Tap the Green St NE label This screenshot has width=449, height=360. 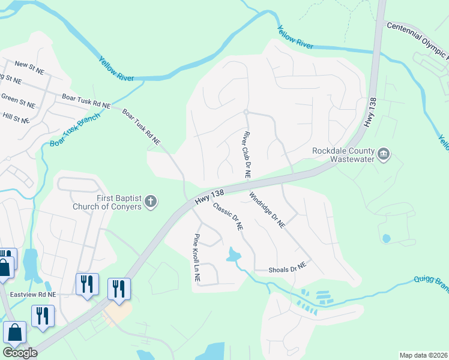[x=17, y=99]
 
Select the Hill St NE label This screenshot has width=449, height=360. [x=16, y=118]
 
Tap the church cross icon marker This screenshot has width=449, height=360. [x=151, y=202]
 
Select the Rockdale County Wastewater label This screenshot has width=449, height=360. [x=343, y=155]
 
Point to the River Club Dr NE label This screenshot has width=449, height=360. [x=247, y=154]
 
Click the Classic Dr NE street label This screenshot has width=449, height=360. [x=228, y=217]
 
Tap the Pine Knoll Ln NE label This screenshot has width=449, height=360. [x=196, y=258]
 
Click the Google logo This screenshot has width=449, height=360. [x=20, y=353]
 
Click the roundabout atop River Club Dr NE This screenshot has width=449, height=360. [x=246, y=112]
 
